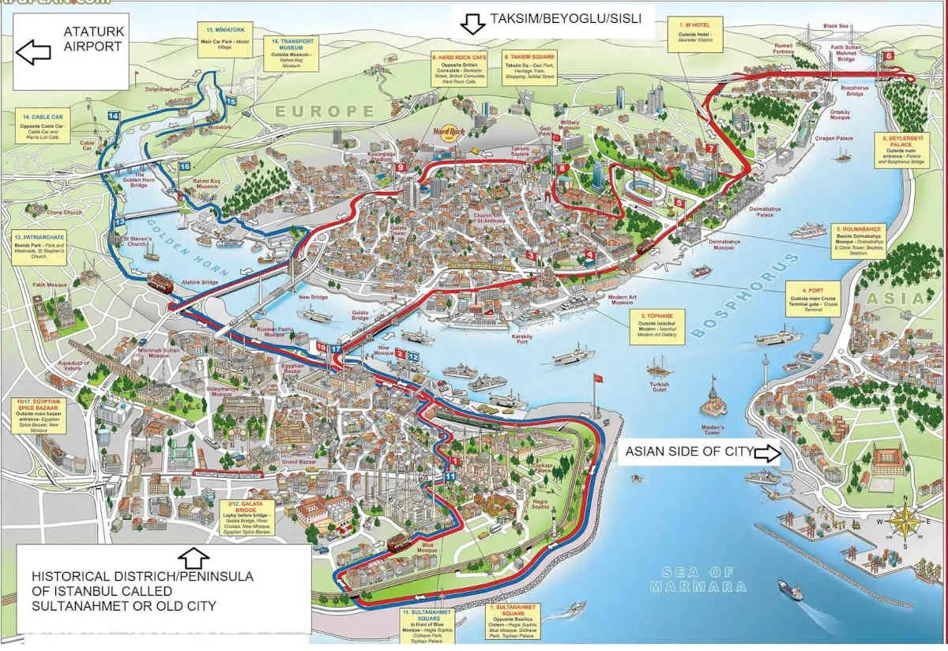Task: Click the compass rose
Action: coord(903,522)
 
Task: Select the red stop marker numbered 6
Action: coord(889,56)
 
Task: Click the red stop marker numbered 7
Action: coord(711,148)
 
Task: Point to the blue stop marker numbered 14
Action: coord(113,116)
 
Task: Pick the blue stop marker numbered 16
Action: coord(185,167)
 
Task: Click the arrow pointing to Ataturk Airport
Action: coord(32,54)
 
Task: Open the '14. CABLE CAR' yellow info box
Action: coord(47,129)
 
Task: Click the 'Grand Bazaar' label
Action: coord(299,461)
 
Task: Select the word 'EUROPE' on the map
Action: coord(324,111)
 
